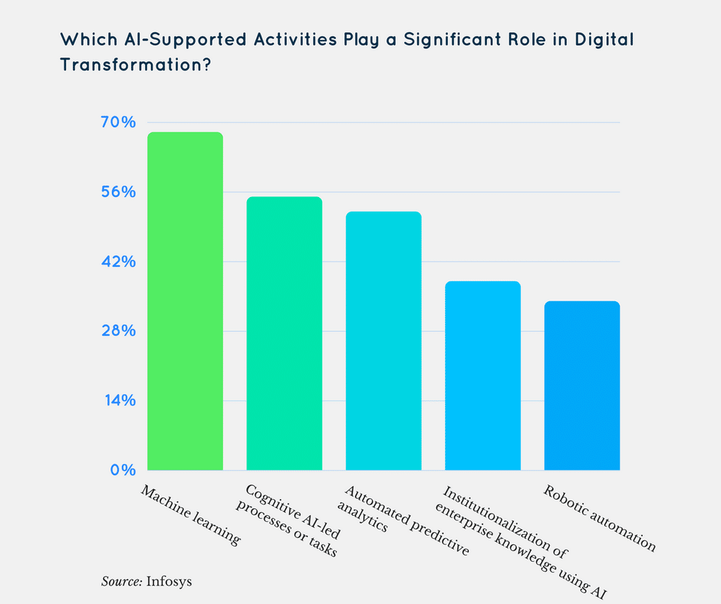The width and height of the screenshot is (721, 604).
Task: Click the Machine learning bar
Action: [x=185, y=300]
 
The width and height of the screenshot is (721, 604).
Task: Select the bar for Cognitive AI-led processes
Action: [x=284, y=333]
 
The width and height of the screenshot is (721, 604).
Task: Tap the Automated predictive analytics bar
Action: [x=384, y=340]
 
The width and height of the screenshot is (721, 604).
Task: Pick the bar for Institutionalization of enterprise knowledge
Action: [x=482, y=376]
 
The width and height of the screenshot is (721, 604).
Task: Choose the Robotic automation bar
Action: [x=582, y=385]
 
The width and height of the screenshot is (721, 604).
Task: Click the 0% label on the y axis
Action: [x=125, y=470]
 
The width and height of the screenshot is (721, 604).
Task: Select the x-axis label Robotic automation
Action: [x=599, y=519]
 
